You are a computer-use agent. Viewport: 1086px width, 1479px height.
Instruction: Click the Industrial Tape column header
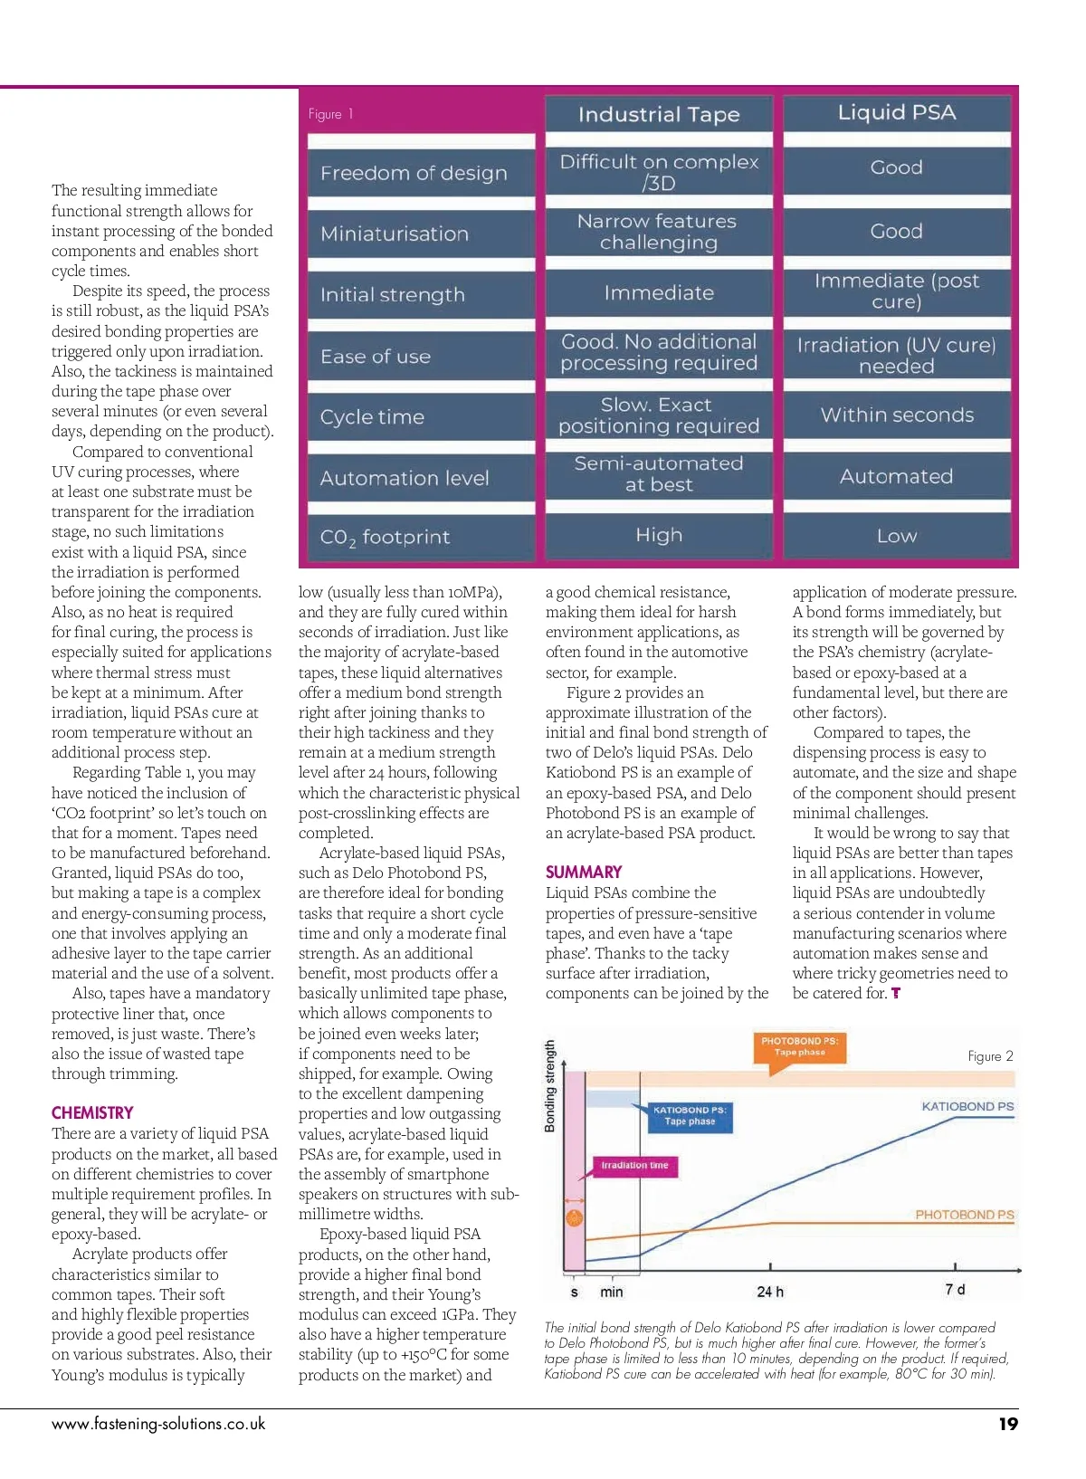click(659, 115)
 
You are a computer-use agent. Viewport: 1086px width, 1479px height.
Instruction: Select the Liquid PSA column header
click(896, 113)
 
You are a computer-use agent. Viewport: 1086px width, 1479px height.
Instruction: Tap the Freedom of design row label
click(414, 173)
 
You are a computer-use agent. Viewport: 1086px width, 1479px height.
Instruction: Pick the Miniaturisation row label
click(395, 234)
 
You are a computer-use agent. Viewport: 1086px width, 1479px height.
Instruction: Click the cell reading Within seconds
click(897, 415)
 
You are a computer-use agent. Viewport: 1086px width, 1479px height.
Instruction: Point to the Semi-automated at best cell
click(659, 474)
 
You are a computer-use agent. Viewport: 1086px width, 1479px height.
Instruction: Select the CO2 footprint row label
click(385, 538)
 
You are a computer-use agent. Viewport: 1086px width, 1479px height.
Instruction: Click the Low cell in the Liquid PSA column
click(896, 537)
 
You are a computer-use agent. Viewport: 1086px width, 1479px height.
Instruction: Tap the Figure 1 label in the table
click(330, 114)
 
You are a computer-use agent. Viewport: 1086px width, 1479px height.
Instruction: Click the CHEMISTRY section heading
click(92, 1113)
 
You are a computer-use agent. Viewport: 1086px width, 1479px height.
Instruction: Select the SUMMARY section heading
click(584, 873)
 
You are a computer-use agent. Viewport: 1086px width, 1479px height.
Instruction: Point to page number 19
click(1007, 1424)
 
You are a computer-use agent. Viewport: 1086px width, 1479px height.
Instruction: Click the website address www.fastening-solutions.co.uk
click(158, 1424)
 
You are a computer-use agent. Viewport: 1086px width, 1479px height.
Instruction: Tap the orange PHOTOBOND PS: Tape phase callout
click(799, 1047)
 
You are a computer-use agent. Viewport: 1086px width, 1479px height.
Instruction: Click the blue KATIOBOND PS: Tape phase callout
click(690, 1116)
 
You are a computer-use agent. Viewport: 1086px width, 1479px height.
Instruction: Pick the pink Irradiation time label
click(634, 1166)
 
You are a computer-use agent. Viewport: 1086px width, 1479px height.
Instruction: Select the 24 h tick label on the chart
click(770, 1292)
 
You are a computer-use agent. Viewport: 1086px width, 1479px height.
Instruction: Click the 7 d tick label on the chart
click(955, 1290)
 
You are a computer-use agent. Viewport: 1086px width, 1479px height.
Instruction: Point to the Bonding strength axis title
click(550, 1086)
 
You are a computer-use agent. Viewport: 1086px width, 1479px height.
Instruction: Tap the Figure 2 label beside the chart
click(990, 1056)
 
